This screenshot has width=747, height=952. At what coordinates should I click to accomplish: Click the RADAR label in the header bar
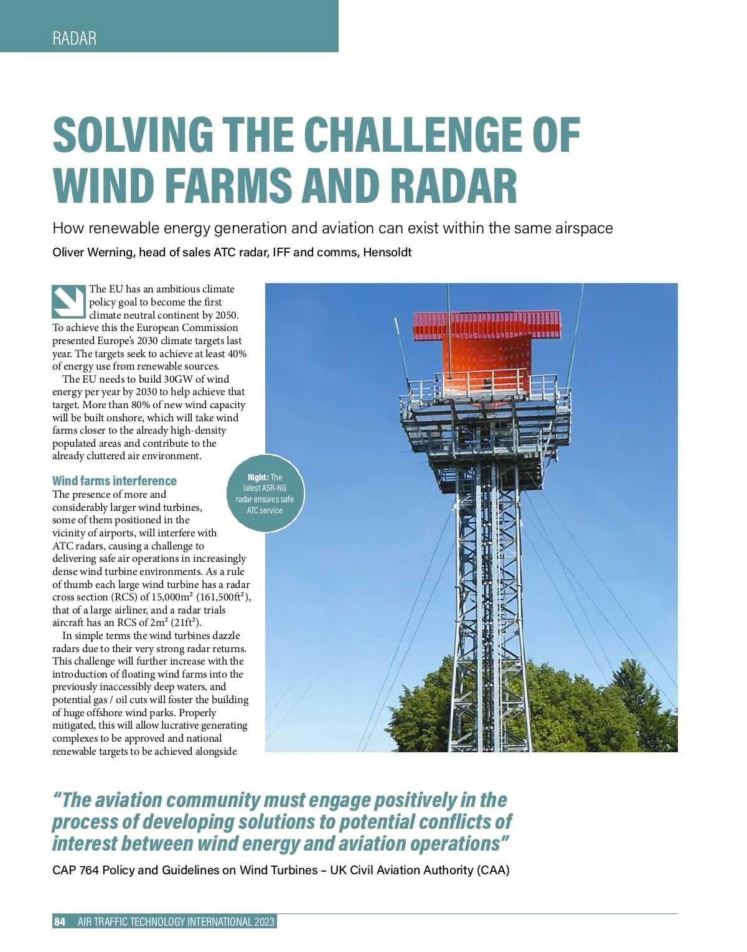[75, 39]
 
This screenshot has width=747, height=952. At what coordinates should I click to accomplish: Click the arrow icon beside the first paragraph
[68, 302]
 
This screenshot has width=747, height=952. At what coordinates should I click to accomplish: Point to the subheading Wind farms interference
[115, 481]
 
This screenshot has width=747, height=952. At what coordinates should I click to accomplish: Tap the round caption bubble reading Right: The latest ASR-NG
[265, 494]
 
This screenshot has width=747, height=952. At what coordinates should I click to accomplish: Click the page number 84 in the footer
[60, 922]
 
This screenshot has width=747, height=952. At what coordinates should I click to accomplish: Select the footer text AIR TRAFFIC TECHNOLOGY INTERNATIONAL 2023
[176, 922]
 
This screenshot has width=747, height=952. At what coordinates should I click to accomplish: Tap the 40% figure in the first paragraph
[237, 353]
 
